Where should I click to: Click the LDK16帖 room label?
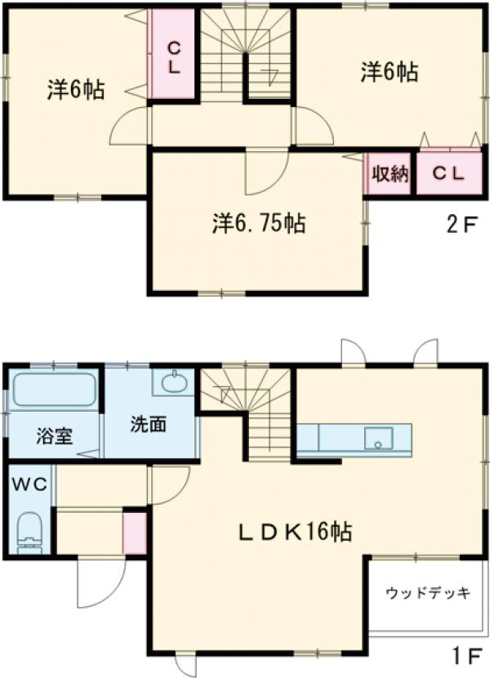pyautogui.click(x=295, y=532)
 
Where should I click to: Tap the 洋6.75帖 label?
pyautogui.click(x=259, y=223)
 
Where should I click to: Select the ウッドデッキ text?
pyautogui.click(x=428, y=593)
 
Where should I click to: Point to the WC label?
pyautogui.click(x=29, y=484)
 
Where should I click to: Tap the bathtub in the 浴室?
pyautogui.click(x=54, y=389)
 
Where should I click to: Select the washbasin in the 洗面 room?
pyautogui.click(x=175, y=381)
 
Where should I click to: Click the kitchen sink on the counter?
pyautogui.click(x=378, y=439)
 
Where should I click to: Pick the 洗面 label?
pyautogui.click(x=149, y=424)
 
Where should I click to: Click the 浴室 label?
pyautogui.click(x=54, y=436)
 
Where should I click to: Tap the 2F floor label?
pyautogui.click(x=463, y=225)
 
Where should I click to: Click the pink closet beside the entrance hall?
pyautogui.click(x=135, y=533)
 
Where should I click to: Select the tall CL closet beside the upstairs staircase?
pyautogui.click(x=173, y=55)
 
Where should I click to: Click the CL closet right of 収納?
pyautogui.click(x=449, y=173)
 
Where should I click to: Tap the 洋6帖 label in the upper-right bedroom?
pyautogui.click(x=390, y=72)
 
